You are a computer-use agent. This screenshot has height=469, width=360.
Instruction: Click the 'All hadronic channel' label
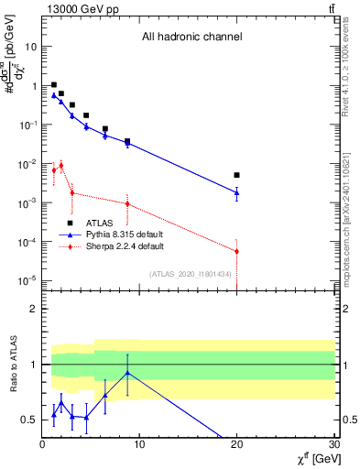pyautogui.click(x=191, y=38)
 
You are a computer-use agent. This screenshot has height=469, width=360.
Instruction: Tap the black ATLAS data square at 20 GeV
pyautogui.click(x=236, y=175)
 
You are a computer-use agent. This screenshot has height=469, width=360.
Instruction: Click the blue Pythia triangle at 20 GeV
pyautogui.click(x=236, y=192)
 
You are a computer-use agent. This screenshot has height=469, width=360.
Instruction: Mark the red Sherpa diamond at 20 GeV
pyautogui.click(x=236, y=251)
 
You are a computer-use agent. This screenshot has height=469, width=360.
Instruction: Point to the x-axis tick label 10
pyautogui.click(x=139, y=445)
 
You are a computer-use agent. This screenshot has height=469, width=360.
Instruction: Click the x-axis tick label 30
pyautogui.click(x=333, y=445)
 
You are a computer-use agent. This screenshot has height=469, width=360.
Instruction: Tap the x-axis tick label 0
pyautogui.click(x=42, y=445)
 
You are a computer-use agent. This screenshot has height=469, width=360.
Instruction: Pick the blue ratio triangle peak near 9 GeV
pyautogui.click(x=127, y=373)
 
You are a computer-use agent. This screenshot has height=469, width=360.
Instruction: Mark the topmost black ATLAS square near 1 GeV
pyautogui.click(x=54, y=84)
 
